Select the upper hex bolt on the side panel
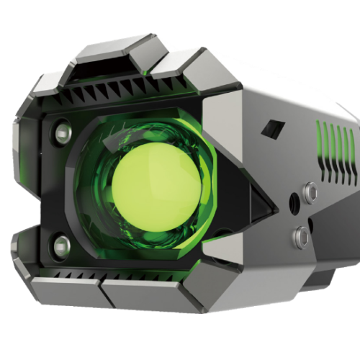[310, 192]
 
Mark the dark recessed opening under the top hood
[108, 69]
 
